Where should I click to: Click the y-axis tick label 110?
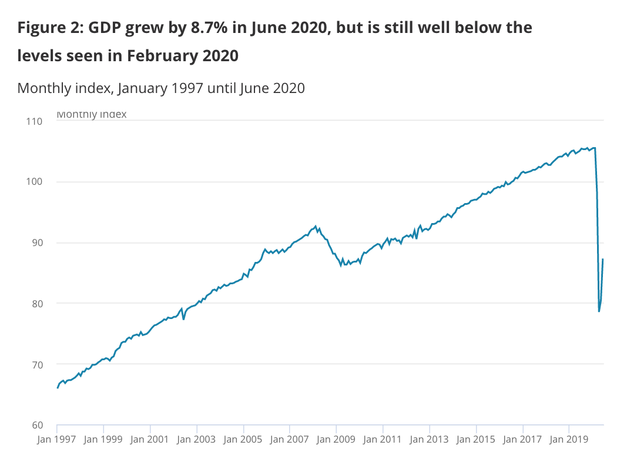[34, 121]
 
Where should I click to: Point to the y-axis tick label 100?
[34, 182]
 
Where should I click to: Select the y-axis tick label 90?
[36, 243]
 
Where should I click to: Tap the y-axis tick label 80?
[36, 304]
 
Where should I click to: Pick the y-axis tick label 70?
[36, 364]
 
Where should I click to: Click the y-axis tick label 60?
[36, 425]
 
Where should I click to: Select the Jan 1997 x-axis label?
[57, 439]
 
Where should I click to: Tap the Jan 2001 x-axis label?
[150, 439]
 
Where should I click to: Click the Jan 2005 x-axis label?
[243, 439]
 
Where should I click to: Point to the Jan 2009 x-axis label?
[336, 439]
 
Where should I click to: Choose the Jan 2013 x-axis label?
[429, 439]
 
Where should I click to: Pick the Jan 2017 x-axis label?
[522, 439]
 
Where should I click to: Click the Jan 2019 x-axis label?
[569, 439]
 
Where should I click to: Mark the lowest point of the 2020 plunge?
[599, 311]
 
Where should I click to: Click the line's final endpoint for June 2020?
[604, 260]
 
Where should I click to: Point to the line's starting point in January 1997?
[57, 388]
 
